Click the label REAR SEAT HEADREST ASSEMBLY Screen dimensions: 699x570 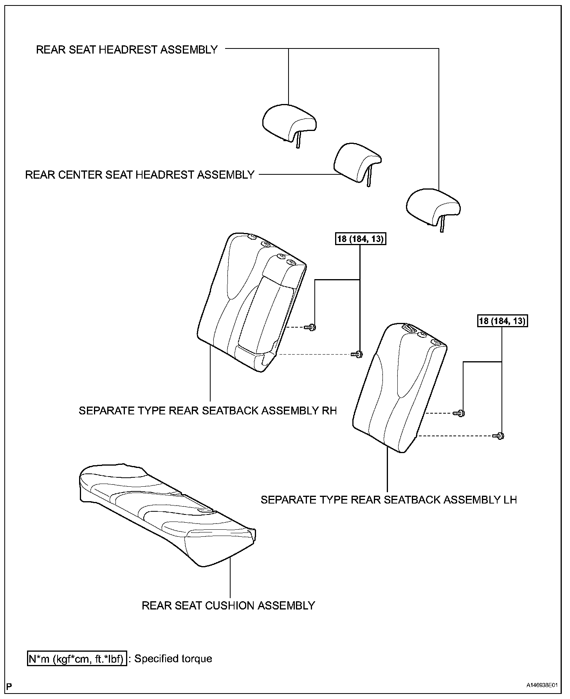(x=126, y=50)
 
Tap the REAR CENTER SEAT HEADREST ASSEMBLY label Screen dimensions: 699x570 (x=140, y=174)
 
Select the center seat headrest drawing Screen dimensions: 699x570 (x=357, y=163)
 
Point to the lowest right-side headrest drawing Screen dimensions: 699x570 (x=433, y=207)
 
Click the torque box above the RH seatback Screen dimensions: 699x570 (x=360, y=238)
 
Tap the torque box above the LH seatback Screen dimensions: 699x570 (x=502, y=321)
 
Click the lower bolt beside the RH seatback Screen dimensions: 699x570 (x=358, y=355)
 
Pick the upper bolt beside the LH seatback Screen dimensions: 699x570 (x=459, y=413)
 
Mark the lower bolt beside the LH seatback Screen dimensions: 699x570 (x=499, y=435)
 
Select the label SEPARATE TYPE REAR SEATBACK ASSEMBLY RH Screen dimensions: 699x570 (x=207, y=410)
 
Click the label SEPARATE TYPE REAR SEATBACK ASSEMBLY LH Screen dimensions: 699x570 (x=389, y=500)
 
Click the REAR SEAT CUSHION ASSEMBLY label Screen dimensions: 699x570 (x=228, y=606)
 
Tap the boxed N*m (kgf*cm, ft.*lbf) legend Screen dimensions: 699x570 (x=77, y=659)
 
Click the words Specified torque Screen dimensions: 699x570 (x=173, y=659)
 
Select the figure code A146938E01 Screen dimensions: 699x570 (x=541, y=686)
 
